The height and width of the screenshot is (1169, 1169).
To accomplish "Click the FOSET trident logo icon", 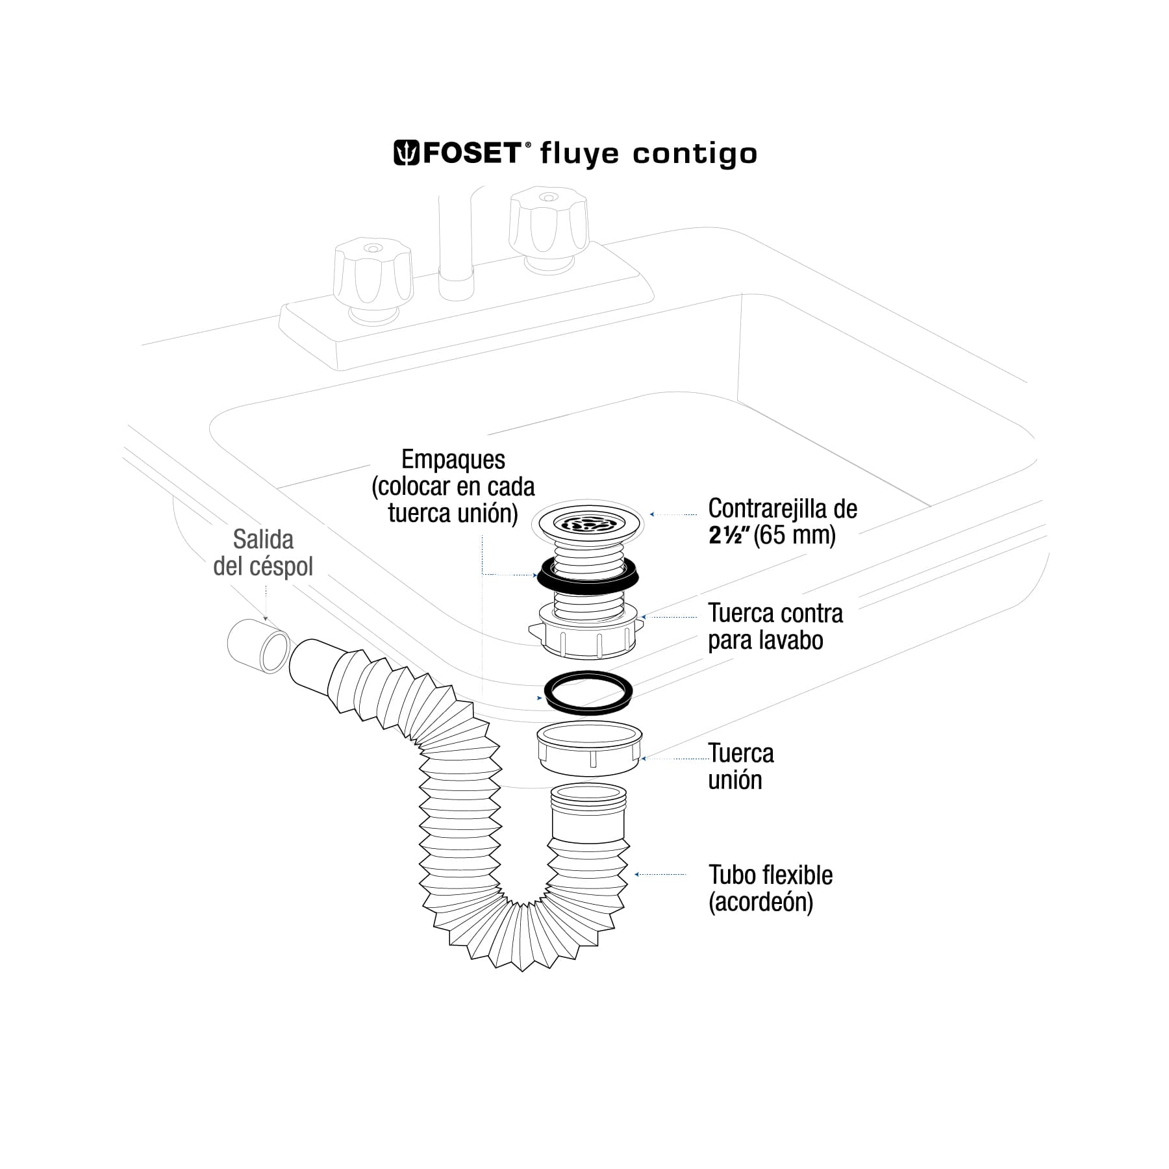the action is (407, 153).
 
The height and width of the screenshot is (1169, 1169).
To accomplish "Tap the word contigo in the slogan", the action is (695, 155).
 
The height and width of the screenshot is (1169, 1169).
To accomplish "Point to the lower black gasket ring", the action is (588, 690).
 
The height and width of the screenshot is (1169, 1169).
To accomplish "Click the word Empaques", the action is (453, 460).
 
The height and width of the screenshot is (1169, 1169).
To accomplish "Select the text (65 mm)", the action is (794, 536).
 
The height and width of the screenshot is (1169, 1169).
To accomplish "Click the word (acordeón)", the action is (760, 902).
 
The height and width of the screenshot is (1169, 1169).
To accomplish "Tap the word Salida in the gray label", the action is (263, 539).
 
